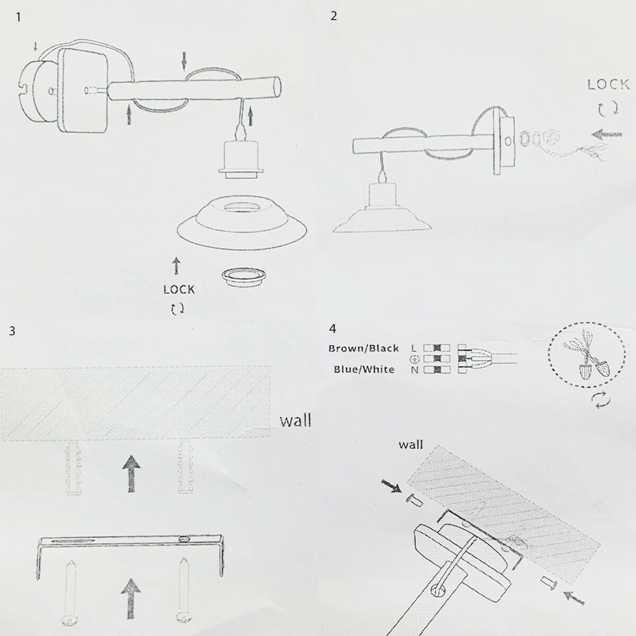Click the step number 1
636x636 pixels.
(19, 16)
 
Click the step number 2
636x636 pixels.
(333, 16)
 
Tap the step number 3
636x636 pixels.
(12, 332)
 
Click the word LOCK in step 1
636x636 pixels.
(179, 289)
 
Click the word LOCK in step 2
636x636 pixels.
(608, 84)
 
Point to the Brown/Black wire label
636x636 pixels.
(363, 348)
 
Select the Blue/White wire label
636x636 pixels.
(364, 369)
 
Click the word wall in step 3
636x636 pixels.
(295, 421)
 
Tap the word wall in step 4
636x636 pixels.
(411, 444)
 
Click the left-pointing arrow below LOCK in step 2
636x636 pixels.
(607, 135)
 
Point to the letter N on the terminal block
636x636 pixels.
(414, 370)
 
